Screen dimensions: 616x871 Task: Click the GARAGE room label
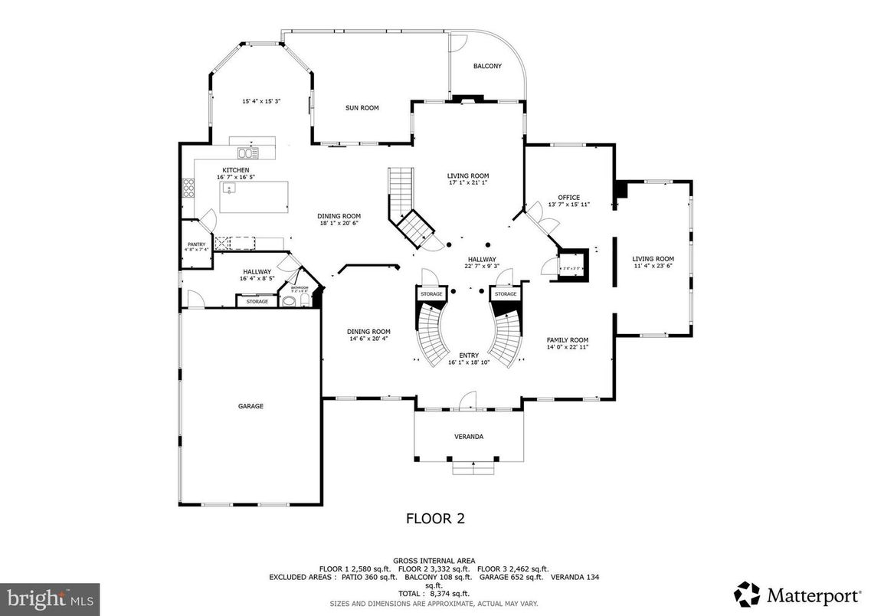250,406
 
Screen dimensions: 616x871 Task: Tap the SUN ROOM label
362,108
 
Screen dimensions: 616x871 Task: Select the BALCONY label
487,67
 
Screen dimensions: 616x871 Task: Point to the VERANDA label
469,437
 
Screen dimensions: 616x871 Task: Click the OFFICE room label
568,198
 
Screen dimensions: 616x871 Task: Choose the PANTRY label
195,244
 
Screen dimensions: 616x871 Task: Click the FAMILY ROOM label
567,340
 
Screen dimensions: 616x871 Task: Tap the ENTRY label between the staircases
469,356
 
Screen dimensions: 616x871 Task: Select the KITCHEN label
235,170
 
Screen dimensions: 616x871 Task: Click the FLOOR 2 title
434,519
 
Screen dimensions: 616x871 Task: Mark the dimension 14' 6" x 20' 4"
370,338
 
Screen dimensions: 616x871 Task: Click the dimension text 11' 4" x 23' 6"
653,266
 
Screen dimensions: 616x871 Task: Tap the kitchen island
254,197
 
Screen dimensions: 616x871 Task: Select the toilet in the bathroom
289,302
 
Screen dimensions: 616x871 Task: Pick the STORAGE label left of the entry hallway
431,294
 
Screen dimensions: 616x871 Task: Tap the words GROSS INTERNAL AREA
434,560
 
